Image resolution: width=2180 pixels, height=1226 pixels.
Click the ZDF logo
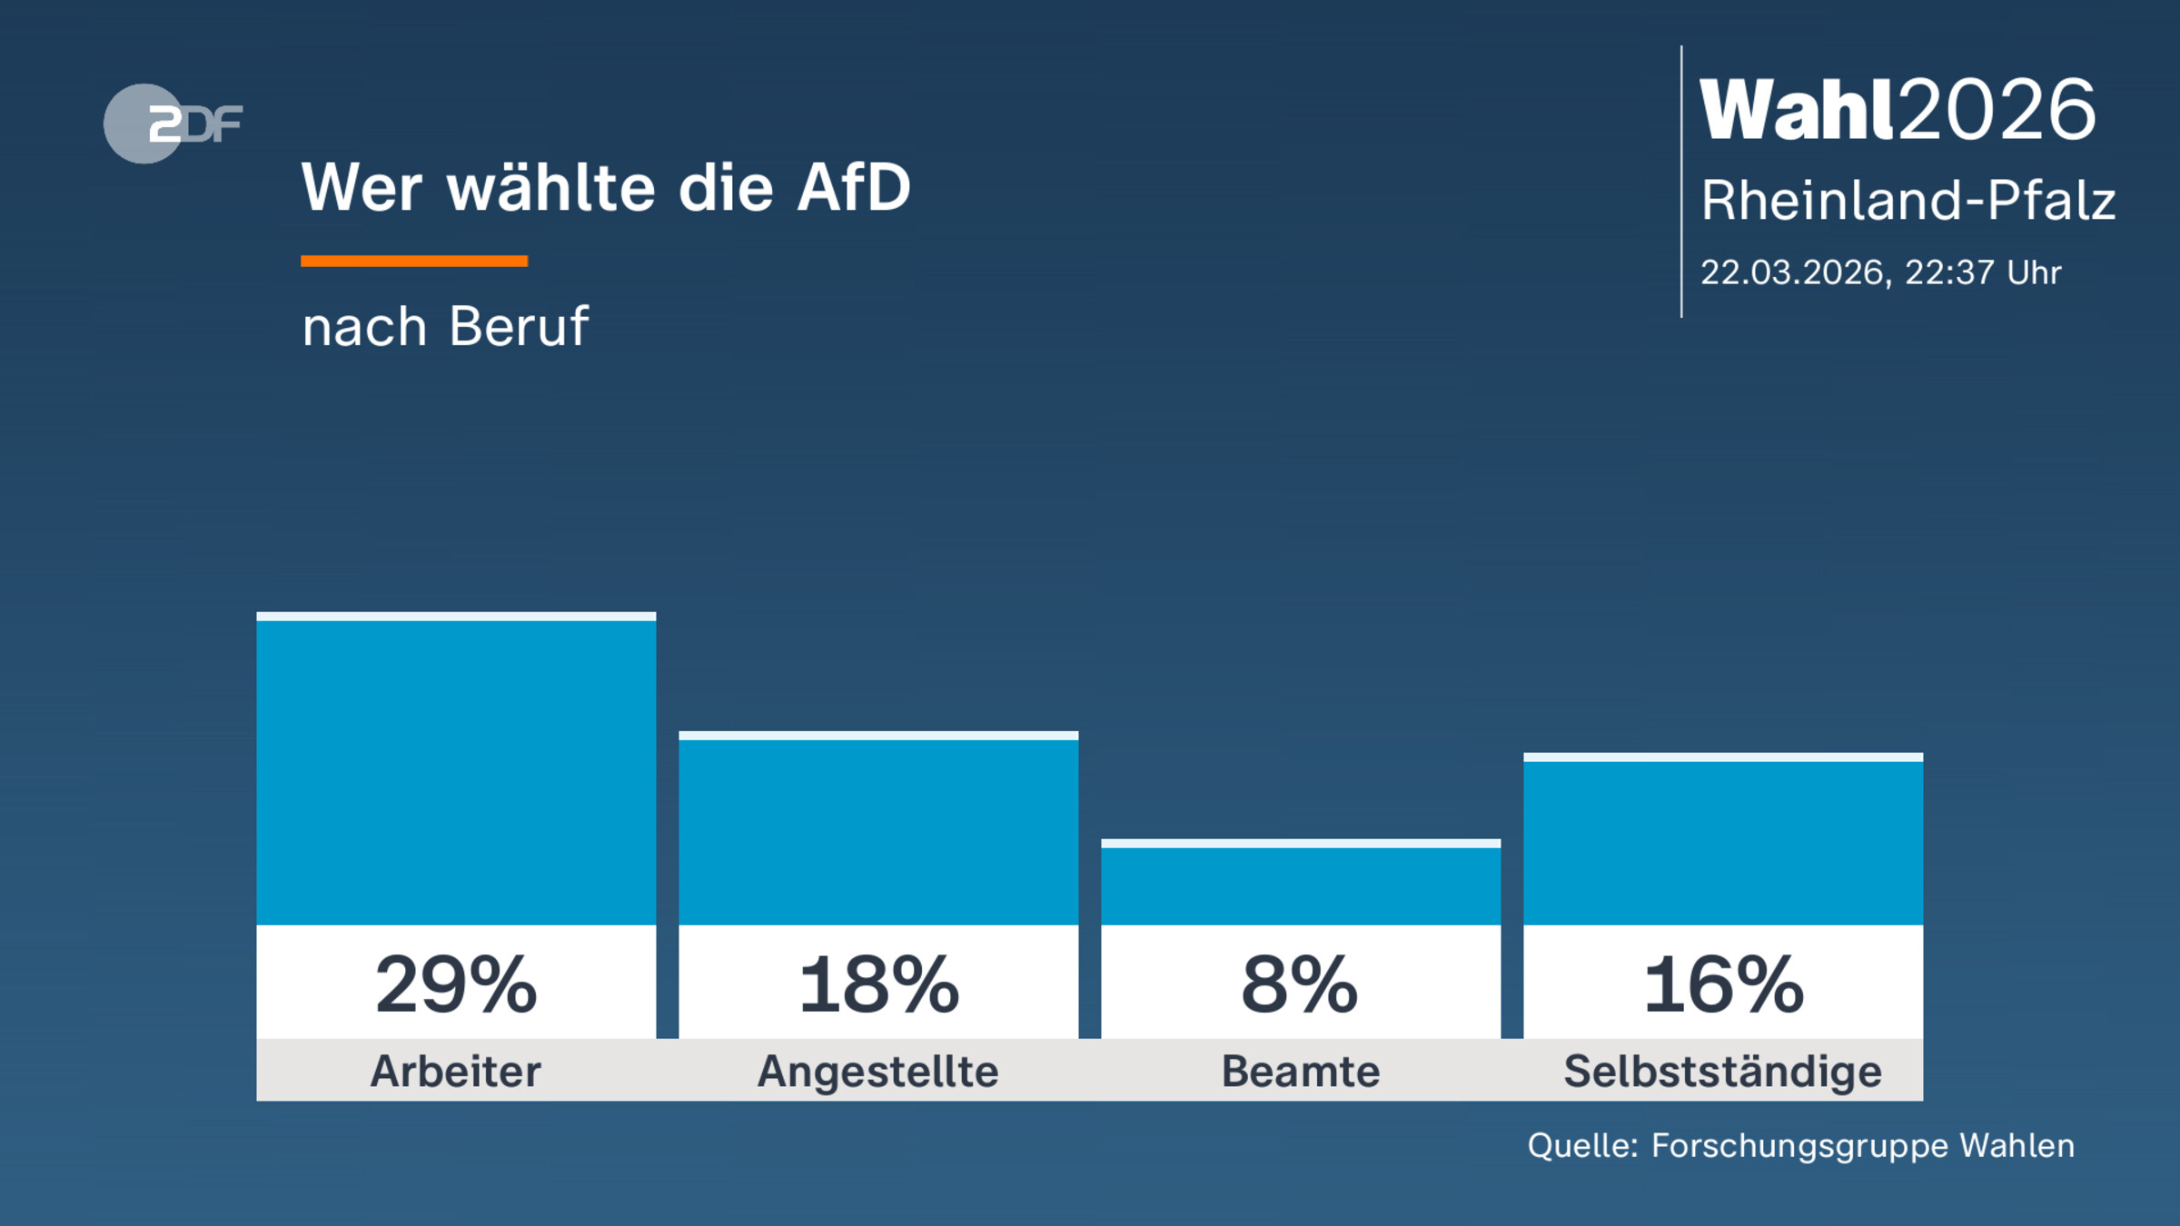[x=173, y=124]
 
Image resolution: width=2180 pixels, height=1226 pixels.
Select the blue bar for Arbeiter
[x=456, y=772]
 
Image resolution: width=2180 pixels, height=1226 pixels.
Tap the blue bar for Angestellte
[x=878, y=831]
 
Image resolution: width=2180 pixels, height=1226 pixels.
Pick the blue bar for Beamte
[x=1301, y=885]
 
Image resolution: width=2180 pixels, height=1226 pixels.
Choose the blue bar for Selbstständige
[x=1723, y=842]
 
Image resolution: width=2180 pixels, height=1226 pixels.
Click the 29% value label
[x=456, y=985]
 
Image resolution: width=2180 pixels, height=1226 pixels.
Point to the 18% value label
[x=878, y=985]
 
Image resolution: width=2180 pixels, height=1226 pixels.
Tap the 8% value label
[x=1300, y=985]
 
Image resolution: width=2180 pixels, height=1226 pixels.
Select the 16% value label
[x=1723, y=985]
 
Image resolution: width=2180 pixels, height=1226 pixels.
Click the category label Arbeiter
[x=456, y=1072]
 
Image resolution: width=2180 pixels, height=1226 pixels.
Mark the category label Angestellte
[x=878, y=1072]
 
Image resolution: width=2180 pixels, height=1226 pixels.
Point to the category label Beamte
[x=1301, y=1072]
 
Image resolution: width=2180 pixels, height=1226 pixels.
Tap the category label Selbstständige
[x=1723, y=1072]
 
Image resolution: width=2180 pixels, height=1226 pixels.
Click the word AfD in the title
[x=853, y=188]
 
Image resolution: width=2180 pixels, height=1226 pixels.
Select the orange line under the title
[x=414, y=262]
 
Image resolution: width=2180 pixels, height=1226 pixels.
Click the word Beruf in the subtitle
[x=519, y=326]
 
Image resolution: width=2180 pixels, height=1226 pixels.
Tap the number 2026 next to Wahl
[x=1997, y=110]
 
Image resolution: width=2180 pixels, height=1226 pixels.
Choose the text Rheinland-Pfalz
[x=1908, y=201]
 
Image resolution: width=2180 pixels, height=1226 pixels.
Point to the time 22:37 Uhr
[x=1983, y=272]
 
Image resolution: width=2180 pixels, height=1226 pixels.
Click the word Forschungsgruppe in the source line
[x=1799, y=1146]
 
